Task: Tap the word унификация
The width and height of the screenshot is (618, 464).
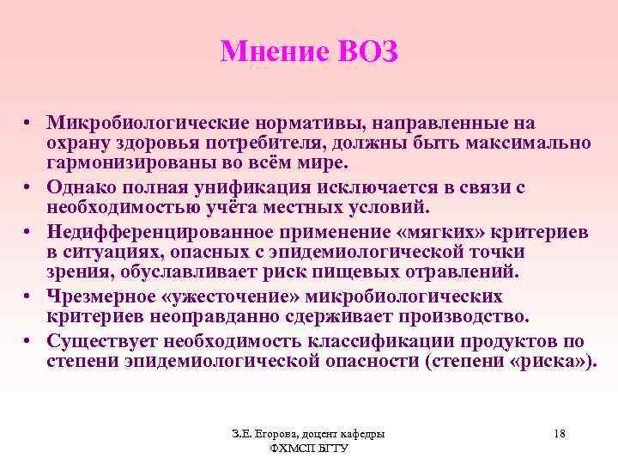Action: coord(232,186)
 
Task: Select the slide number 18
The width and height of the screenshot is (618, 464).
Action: coord(560,433)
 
